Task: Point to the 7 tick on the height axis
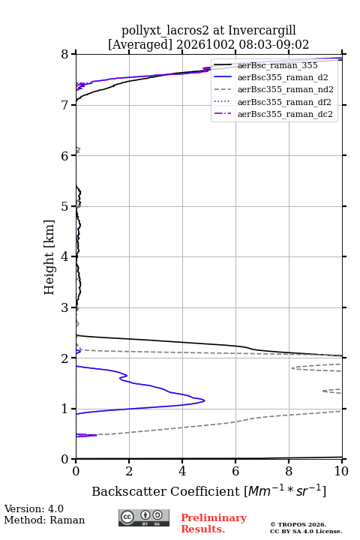coord(65,105)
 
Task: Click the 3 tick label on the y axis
coord(65,307)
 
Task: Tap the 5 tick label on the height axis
coord(65,206)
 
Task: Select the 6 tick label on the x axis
coord(235,471)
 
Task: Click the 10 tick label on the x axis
coord(341,471)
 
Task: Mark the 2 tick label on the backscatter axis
coord(129,471)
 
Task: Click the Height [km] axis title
coord(49,257)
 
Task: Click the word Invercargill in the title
coord(262,31)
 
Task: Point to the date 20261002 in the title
coord(205,45)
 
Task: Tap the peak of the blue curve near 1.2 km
coord(205,400)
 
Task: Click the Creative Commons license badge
coord(144,517)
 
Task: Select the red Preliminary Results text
coord(214,523)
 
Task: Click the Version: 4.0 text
coord(34,508)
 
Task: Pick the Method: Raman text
coord(44,520)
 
